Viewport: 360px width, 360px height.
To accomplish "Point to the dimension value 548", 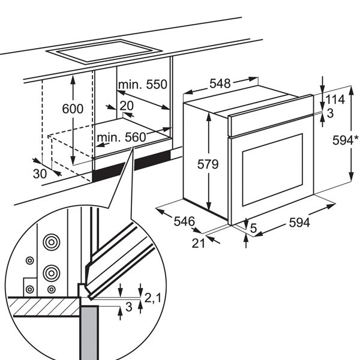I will tap(220, 84).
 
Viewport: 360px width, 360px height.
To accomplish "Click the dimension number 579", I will tap(195, 163).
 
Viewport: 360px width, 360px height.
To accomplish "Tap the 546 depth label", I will tap(184, 221).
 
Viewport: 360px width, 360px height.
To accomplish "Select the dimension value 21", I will tap(199, 242).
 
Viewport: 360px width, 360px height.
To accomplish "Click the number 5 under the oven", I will tap(254, 227).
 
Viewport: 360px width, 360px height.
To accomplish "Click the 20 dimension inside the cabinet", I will tap(126, 105).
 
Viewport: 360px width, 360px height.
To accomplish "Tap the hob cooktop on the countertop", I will tap(107, 52).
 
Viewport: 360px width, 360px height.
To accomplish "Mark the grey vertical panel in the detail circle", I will tap(89, 332).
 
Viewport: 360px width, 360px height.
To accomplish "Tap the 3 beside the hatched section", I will tap(128, 308).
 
